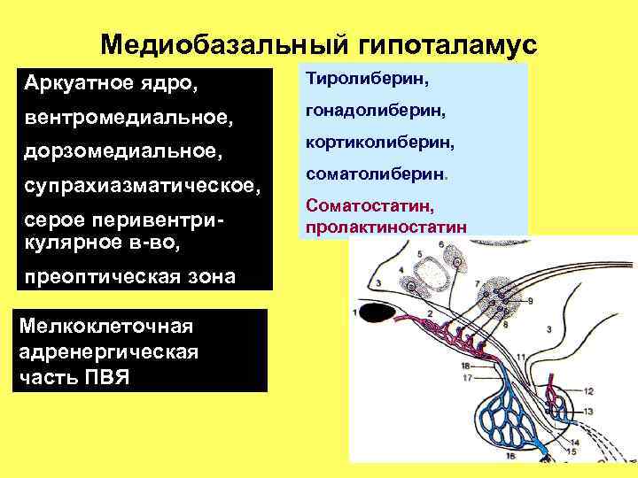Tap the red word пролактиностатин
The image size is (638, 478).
385,227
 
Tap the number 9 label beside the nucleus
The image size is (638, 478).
529,302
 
